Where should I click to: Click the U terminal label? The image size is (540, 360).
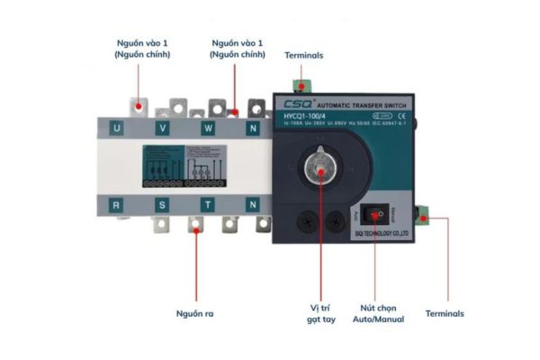click(117, 128)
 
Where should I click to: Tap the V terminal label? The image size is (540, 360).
click(163, 128)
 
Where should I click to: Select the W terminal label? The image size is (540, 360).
click(208, 128)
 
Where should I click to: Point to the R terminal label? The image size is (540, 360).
click(117, 205)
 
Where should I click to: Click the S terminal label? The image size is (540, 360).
click(163, 205)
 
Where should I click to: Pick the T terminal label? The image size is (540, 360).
click(208, 205)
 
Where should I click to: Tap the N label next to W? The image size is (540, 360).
click(254, 128)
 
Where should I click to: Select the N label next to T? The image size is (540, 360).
click(254, 205)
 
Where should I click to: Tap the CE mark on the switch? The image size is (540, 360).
click(402, 115)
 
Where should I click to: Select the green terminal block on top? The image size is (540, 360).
click(303, 85)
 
